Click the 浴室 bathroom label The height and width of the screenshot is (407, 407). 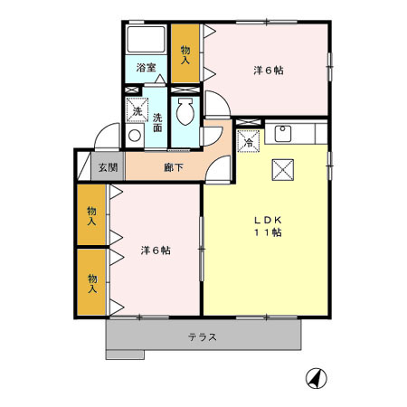146,68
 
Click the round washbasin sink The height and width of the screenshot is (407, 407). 135,137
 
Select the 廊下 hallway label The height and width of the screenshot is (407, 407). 171,167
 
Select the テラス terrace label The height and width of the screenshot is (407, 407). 203,338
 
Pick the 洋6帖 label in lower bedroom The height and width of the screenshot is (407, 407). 155,250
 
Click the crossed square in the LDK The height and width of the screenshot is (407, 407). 281,168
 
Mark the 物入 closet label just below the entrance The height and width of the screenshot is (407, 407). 91,215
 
